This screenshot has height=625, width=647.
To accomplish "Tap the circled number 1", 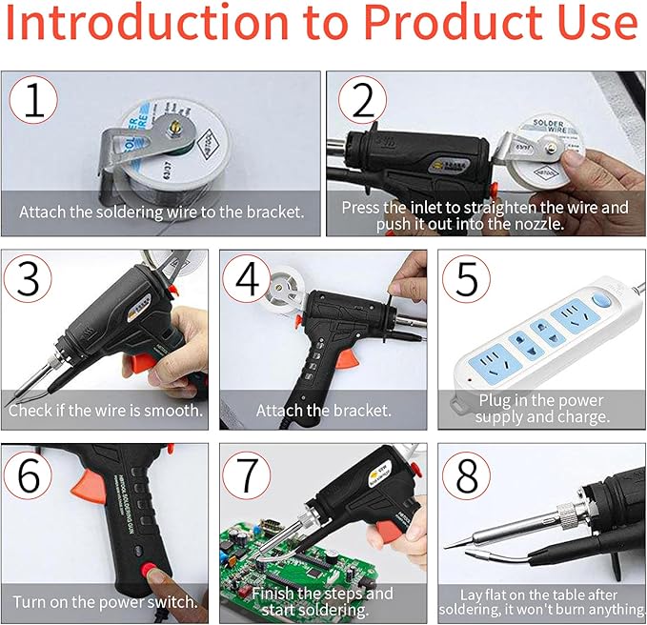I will click(x=34, y=104).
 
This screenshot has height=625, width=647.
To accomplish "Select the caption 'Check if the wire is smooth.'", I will click(x=105, y=411).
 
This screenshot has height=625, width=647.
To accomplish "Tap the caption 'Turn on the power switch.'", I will click(x=105, y=602).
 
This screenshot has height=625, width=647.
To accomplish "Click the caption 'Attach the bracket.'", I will click(x=323, y=411).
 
